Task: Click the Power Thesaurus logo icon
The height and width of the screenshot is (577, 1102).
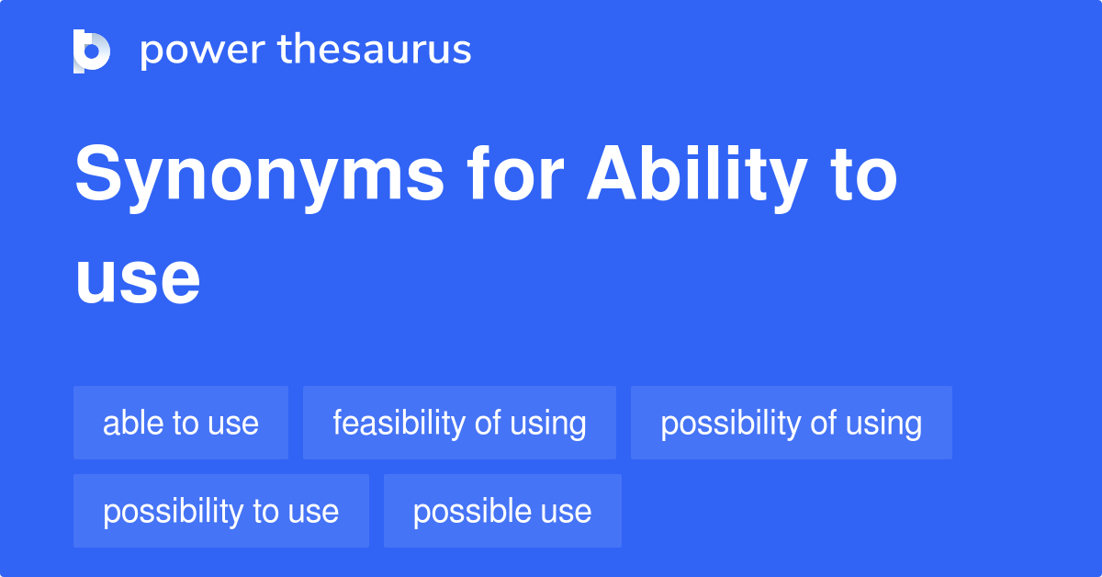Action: click(x=92, y=51)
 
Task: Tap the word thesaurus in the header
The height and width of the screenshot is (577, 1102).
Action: click(x=374, y=51)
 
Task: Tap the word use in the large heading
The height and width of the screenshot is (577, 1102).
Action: click(x=138, y=280)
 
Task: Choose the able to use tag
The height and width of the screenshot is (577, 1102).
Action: click(x=181, y=424)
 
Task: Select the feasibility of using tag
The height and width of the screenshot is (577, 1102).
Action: click(x=459, y=424)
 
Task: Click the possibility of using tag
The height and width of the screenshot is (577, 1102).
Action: click(x=791, y=424)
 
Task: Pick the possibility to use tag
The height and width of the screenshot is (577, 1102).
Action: click(x=220, y=512)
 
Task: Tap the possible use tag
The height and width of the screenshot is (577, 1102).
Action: click(x=502, y=512)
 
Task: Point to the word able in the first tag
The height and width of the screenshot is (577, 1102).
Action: click(x=129, y=424)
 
